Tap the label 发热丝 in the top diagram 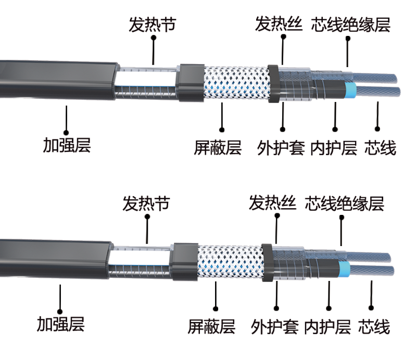279,24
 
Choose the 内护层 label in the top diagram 334,148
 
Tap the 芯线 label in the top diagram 380,148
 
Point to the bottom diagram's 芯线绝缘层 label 344,203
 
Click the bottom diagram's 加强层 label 60,324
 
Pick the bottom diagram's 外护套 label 274,327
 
